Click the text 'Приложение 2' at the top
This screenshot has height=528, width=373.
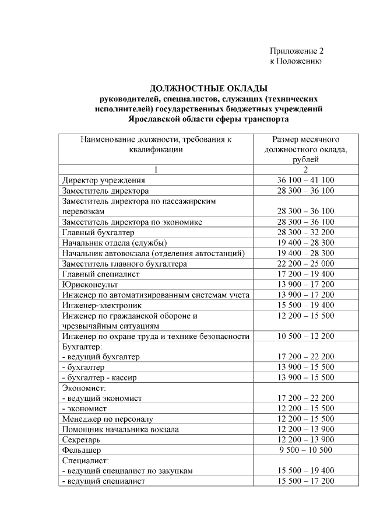(296, 51)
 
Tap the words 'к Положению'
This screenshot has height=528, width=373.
(295, 61)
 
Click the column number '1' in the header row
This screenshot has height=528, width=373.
(156, 170)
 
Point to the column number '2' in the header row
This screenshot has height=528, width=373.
(305, 170)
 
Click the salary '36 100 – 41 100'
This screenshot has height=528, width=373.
(305, 180)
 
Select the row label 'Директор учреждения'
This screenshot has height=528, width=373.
(104, 180)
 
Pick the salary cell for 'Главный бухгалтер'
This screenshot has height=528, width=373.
(305, 232)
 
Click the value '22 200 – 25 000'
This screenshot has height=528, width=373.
(305, 264)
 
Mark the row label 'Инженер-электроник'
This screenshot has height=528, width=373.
(101, 305)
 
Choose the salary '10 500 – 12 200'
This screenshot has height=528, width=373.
(305, 337)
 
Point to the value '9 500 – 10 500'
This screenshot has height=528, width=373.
(305, 450)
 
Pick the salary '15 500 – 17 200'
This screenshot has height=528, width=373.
(305, 481)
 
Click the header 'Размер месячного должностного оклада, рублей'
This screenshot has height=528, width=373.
(305, 149)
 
